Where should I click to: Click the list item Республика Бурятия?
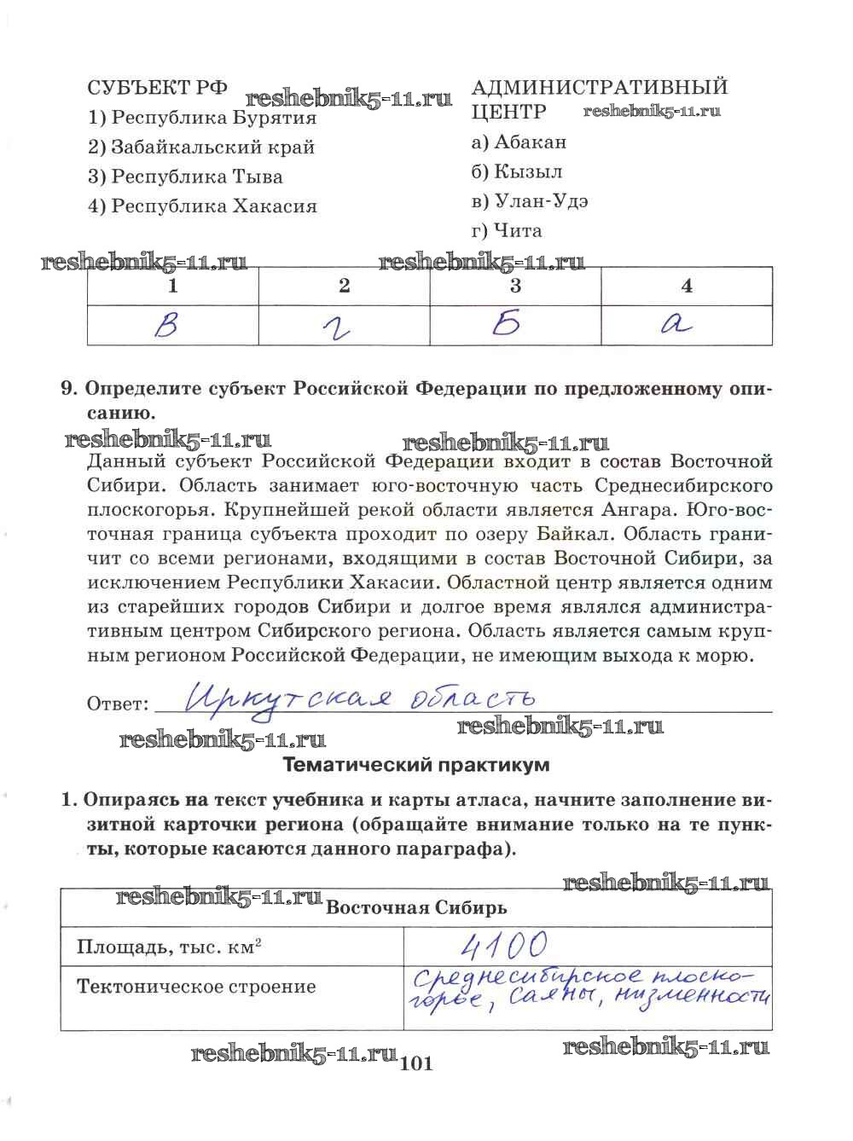[x=202, y=118]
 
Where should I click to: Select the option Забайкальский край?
[x=201, y=147]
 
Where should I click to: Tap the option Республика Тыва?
[x=185, y=177]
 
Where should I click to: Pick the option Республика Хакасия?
[x=202, y=206]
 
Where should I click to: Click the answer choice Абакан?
[x=518, y=142]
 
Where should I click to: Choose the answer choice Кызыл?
[x=516, y=171]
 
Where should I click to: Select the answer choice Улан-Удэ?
[x=529, y=201]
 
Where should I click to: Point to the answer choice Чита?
[x=506, y=230]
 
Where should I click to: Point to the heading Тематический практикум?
[x=415, y=765]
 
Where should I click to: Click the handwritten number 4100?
[x=502, y=945]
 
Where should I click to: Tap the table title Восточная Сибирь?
[x=416, y=907]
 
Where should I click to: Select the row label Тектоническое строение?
[x=196, y=987]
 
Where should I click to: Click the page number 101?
[x=416, y=1063]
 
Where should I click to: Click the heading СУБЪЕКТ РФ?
[x=158, y=87]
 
